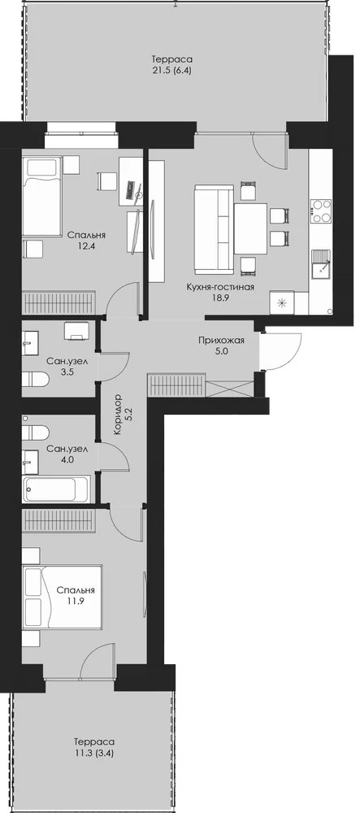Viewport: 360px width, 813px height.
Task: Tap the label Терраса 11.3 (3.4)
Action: (x=93, y=748)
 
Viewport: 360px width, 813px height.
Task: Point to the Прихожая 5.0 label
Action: (x=221, y=346)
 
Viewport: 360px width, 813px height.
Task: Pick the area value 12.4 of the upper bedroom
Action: (x=84, y=246)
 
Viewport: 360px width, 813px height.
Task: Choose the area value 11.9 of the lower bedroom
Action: (x=76, y=602)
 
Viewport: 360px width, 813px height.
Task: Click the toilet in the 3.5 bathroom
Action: (x=35, y=379)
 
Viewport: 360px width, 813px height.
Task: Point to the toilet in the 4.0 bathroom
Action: (x=35, y=433)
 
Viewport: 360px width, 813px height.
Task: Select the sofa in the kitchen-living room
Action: (x=214, y=228)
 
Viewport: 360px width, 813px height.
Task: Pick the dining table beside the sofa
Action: (x=250, y=228)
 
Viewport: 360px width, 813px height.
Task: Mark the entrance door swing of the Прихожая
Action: (x=280, y=351)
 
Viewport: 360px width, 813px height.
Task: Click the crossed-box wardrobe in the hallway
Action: (x=229, y=389)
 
